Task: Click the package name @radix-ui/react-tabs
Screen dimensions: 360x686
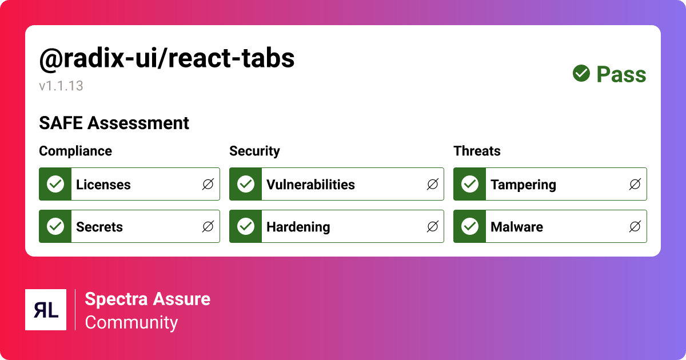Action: (166, 59)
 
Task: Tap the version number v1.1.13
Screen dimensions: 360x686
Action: (61, 86)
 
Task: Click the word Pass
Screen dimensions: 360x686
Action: (621, 74)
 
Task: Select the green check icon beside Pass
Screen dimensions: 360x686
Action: (581, 73)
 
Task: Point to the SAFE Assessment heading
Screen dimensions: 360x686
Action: (114, 123)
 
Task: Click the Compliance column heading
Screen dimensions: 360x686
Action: (75, 151)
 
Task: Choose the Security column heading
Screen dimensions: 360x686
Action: (254, 151)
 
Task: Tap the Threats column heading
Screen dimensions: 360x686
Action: (477, 151)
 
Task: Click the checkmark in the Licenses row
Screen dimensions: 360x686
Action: (55, 184)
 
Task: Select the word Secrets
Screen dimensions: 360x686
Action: (99, 227)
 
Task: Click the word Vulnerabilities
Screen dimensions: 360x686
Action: (310, 185)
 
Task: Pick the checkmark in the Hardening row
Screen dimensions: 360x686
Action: (246, 226)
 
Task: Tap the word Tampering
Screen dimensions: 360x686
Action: (523, 185)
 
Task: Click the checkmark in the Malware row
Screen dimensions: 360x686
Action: (470, 226)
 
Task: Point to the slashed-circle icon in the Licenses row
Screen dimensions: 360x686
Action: (208, 184)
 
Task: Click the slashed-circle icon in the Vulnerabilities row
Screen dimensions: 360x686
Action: (433, 184)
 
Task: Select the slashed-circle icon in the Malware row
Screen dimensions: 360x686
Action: (635, 226)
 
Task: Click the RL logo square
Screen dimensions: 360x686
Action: (46, 310)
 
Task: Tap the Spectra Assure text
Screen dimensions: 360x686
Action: (147, 299)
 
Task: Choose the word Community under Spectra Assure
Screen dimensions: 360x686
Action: (131, 322)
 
